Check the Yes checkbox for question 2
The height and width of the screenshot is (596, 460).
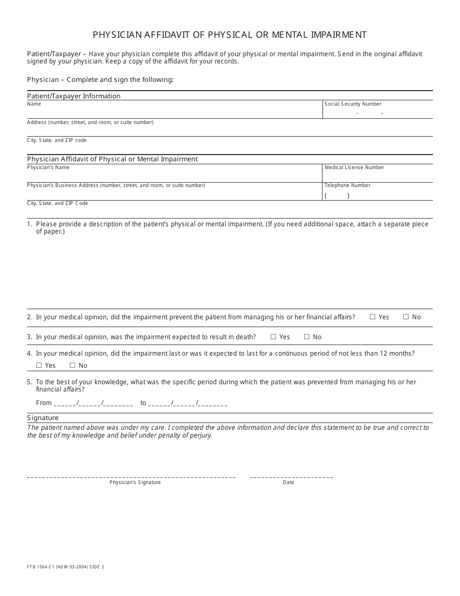point(372,317)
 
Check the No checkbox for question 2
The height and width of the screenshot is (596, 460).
point(406,317)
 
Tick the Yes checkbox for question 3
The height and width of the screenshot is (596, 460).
point(273,337)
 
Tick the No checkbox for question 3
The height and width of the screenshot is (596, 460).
point(307,337)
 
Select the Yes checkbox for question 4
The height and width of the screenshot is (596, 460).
point(39,365)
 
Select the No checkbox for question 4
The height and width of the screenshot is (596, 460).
point(72,365)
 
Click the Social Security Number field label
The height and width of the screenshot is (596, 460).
point(353,104)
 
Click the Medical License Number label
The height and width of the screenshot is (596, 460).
point(354,167)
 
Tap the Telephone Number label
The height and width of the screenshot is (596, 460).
point(347,185)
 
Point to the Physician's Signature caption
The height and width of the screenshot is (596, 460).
point(135,482)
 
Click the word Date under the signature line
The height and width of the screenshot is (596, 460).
point(288,482)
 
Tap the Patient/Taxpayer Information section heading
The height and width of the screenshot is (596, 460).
point(74,96)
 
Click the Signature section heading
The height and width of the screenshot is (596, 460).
point(43,418)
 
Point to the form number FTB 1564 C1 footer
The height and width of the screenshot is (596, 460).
point(65,567)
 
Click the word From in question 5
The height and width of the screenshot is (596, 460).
point(44,403)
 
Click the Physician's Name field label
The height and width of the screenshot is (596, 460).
point(48,167)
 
